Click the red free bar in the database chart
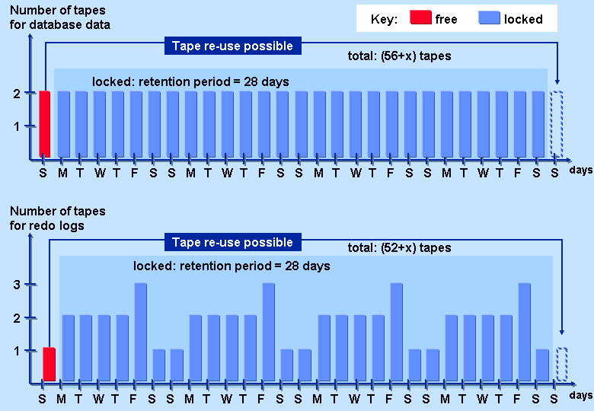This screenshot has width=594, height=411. point(44,124)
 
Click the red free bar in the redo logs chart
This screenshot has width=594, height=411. point(49,364)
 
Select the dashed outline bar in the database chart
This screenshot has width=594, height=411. point(557,124)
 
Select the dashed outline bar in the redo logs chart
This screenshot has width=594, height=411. point(561,364)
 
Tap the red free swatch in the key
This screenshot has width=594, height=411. point(420,18)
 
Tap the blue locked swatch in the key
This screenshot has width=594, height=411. point(489,18)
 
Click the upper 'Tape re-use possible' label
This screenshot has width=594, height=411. point(232,46)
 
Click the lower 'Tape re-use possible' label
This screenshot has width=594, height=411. point(232,243)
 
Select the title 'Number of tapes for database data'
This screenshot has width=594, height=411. point(59,18)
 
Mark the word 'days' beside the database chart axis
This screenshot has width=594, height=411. point(581,170)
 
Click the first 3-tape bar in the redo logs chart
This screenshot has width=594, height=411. point(141,332)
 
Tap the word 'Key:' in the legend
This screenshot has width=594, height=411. point(384,19)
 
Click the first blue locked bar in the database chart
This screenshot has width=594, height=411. point(63,124)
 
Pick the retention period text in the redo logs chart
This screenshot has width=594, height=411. point(232,266)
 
